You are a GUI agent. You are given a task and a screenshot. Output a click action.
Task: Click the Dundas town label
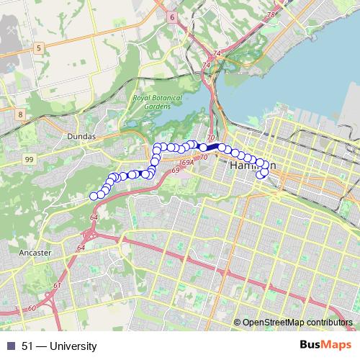pos(81,135)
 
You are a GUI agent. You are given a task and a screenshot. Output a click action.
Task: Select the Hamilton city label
pos(248,166)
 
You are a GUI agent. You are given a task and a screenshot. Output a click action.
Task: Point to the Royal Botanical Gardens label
pos(158,102)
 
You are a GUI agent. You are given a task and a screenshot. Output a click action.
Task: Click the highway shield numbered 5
pos(40,48)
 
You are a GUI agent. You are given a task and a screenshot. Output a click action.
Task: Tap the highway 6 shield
pos(171,17)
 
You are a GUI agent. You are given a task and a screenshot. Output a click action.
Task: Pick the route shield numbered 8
pos(20,114)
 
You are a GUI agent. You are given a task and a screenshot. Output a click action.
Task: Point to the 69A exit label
pos(188,164)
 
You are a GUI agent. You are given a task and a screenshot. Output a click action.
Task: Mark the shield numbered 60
pos(32,308)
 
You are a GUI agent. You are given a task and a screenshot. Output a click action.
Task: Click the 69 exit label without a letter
pos(175,171)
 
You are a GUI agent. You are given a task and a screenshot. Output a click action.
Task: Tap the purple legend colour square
pos(11,346)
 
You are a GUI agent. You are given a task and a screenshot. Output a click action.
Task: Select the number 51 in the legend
pos(27,346)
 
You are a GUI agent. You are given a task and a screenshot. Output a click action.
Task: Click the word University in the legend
pos(73,346)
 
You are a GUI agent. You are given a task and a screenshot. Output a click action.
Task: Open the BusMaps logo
pos(326,346)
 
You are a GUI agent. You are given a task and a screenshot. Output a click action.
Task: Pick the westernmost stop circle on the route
pos(94,196)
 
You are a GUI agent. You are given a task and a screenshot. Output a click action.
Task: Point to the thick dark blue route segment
pos(212,146)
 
